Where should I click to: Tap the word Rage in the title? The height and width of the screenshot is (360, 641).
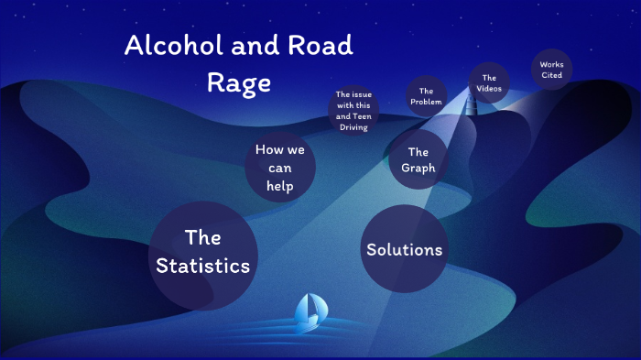click(239, 82)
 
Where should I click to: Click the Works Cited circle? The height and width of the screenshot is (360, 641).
click(552, 70)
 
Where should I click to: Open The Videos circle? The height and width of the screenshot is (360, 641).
click(489, 82)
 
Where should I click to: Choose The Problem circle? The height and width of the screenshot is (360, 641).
click(426, 96)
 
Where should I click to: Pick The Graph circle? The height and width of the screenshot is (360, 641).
click(418, 160)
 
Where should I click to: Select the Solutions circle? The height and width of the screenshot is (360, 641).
click(404, 249)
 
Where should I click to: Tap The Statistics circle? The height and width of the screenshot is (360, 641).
click(202, 253)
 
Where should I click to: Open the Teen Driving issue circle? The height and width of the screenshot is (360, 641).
click(353, 111)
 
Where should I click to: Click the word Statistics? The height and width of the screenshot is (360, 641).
click(202, 267)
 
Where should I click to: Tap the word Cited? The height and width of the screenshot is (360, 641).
click(552, 75)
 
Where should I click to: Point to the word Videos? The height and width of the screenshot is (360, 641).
click(489, 88)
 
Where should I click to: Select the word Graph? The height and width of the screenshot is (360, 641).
click(418, 169)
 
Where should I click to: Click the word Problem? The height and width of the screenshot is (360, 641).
click(426, 102)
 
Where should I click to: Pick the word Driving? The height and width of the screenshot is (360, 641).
click(353, 127)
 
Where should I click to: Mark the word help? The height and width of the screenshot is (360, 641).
click(279, 186)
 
